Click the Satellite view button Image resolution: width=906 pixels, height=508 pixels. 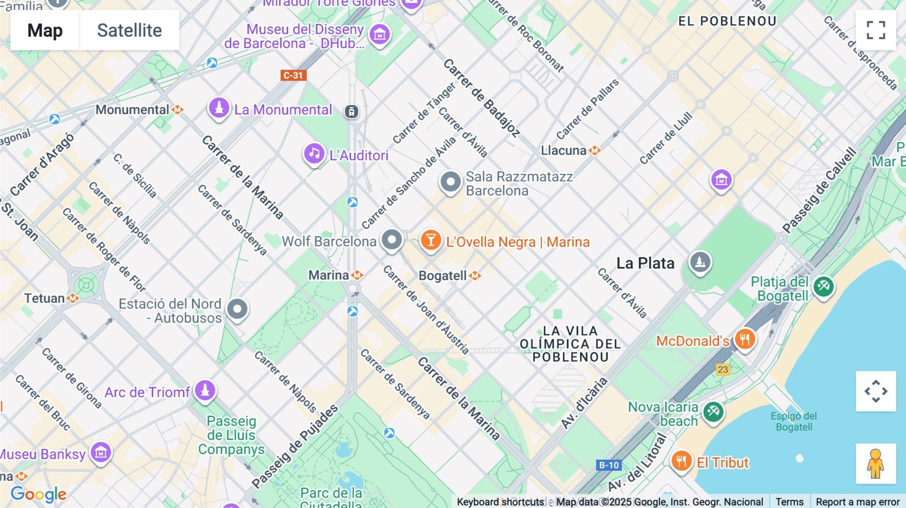[129, 30]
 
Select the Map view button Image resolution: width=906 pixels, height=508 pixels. [45, 30]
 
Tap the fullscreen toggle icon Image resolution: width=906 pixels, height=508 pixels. [876, 30]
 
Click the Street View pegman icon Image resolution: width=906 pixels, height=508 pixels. [876, 463]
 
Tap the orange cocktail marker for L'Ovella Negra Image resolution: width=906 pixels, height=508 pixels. [431, 240]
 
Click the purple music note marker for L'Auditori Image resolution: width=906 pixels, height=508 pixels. [314, 153]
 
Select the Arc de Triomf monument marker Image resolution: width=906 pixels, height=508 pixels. [205, 390]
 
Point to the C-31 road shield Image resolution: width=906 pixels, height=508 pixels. [293, 75]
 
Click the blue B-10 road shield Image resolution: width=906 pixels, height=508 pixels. [609, 465]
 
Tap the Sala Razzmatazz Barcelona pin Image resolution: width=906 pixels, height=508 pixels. [450, 182]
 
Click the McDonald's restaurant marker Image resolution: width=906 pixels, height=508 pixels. [745, 340]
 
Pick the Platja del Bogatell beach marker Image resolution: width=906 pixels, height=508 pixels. [823, 287]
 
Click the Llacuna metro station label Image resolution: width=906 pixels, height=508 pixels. [564, 150]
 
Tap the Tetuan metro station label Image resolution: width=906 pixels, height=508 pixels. [45, 298]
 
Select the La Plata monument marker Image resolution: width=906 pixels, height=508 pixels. [700, 262]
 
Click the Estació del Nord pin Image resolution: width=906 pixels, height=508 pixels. [237, 309]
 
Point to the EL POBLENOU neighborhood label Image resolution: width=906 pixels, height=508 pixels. [727, 21]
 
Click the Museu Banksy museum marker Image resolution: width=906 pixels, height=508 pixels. [101, 453]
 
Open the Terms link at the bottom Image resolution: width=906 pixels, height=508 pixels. [789, 501]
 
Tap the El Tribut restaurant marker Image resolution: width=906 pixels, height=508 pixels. [681, 461]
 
